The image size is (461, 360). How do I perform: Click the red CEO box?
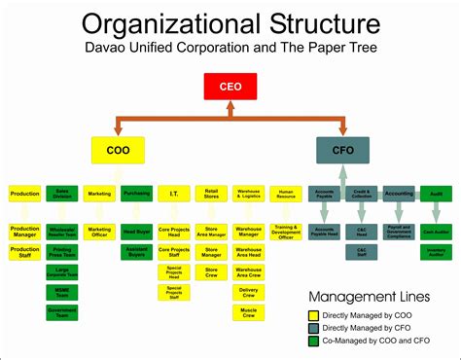click(230, 87)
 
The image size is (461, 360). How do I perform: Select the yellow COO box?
click(118, 150)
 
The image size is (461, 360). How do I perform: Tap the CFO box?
click(342, 150)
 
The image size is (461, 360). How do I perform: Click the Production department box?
click(24, 194)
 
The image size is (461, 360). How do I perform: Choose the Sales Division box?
click(61, 194)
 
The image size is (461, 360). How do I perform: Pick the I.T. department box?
click(173, 194)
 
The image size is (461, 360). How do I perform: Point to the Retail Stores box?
click(211, 194)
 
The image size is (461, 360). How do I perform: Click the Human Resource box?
click(286, 194)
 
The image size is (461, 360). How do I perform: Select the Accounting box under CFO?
click(399, 194)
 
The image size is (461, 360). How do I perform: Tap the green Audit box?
click(436, 194)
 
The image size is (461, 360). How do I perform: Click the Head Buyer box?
click(136, 232)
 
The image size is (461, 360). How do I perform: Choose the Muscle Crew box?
click(248, 312)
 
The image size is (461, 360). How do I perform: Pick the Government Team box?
click(61, 313)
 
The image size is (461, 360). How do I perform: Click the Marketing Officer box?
click(98, 232)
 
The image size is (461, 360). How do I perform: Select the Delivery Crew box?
click(248, 291)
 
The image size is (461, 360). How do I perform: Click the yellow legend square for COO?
click(313, 315)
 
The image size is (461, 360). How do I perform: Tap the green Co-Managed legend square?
click(313, 341)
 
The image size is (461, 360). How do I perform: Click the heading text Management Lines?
click(370, 296)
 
